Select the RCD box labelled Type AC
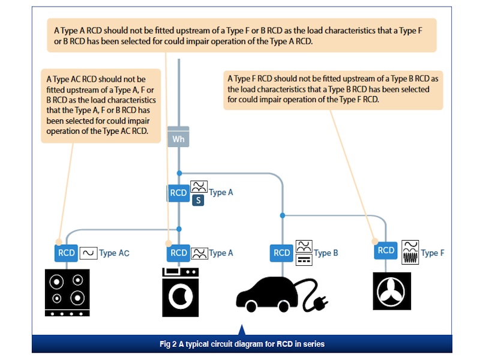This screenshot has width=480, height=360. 67,253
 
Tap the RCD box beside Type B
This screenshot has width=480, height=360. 282,253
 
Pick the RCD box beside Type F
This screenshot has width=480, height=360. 386,250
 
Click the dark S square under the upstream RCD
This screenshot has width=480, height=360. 198,200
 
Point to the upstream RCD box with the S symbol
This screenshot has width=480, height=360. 178,193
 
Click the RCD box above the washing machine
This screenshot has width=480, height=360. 178,253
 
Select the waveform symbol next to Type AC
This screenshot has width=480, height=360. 88,253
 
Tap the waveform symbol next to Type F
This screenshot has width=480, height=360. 410,253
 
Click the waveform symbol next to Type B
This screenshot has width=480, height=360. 304,253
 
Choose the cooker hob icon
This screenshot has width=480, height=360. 67,292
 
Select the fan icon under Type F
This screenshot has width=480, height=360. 392,291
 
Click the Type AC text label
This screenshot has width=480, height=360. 114,253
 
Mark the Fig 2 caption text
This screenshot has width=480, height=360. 242,344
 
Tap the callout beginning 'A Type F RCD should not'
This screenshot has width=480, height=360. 333,89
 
